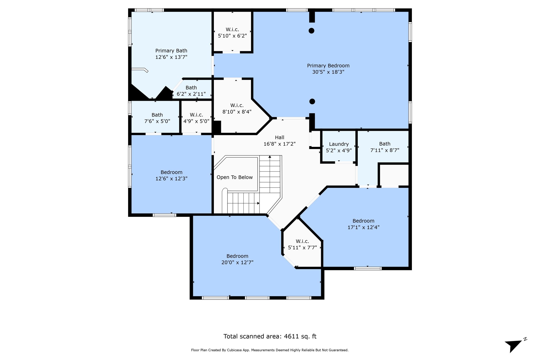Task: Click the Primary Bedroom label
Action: (x=328, y=66)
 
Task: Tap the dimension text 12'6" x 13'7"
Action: (x=171, y=57)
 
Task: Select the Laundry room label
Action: (x=339, y=144)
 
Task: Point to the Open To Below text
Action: (x=235, y=177)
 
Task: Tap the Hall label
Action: (x=279, y=137)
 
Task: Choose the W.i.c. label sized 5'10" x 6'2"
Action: (x=232, y=30)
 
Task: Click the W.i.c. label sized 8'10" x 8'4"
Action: (x=237, y=105)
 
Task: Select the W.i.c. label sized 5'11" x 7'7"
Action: (x=302, y=241)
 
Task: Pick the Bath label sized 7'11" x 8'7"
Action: (x=385, y=144)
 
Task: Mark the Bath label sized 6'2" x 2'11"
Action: (x=191, y=88)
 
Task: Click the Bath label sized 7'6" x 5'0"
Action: (x=157, y=115)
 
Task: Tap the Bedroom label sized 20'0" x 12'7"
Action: (x=237, y=256)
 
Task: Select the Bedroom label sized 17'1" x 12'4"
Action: (x=363, y=221)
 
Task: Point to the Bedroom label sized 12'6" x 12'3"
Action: (x=171, y=172)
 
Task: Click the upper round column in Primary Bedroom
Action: (x=311, y=31)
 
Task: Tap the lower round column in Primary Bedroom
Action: (x=312, y=101)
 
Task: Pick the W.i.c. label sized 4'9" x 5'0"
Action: (x=196, y=115)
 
